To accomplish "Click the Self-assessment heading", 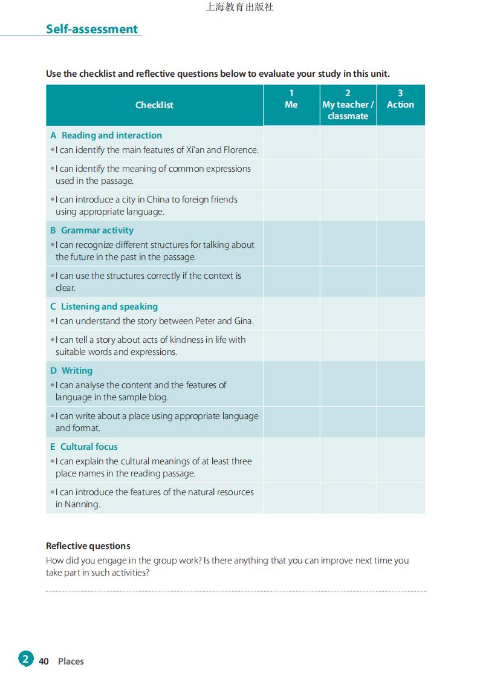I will (x=92, y=29).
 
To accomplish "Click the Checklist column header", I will (x=154, y=105).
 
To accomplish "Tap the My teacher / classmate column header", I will (x=348, y=105).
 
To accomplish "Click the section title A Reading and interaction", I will (x=106, y=135).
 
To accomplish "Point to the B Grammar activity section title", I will (x=92, y=230).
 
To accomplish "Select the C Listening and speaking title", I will (x=104, y=307).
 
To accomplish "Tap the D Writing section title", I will (x=72, y=371).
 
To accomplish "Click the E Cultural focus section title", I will (x=84, y=447).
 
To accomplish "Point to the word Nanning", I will (x=78, y=504).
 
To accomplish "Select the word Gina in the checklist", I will (x=244, y=321).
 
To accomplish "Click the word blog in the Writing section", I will (x=158, y=397).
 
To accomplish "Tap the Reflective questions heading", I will (x=88, y=546).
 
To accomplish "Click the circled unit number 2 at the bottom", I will (x=25, y=659).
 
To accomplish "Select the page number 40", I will (x=44, y=661).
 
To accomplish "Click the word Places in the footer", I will (x=71, y=661).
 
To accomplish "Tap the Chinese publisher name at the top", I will (x=240, y=7).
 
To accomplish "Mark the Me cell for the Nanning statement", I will (x=291, y=498).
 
